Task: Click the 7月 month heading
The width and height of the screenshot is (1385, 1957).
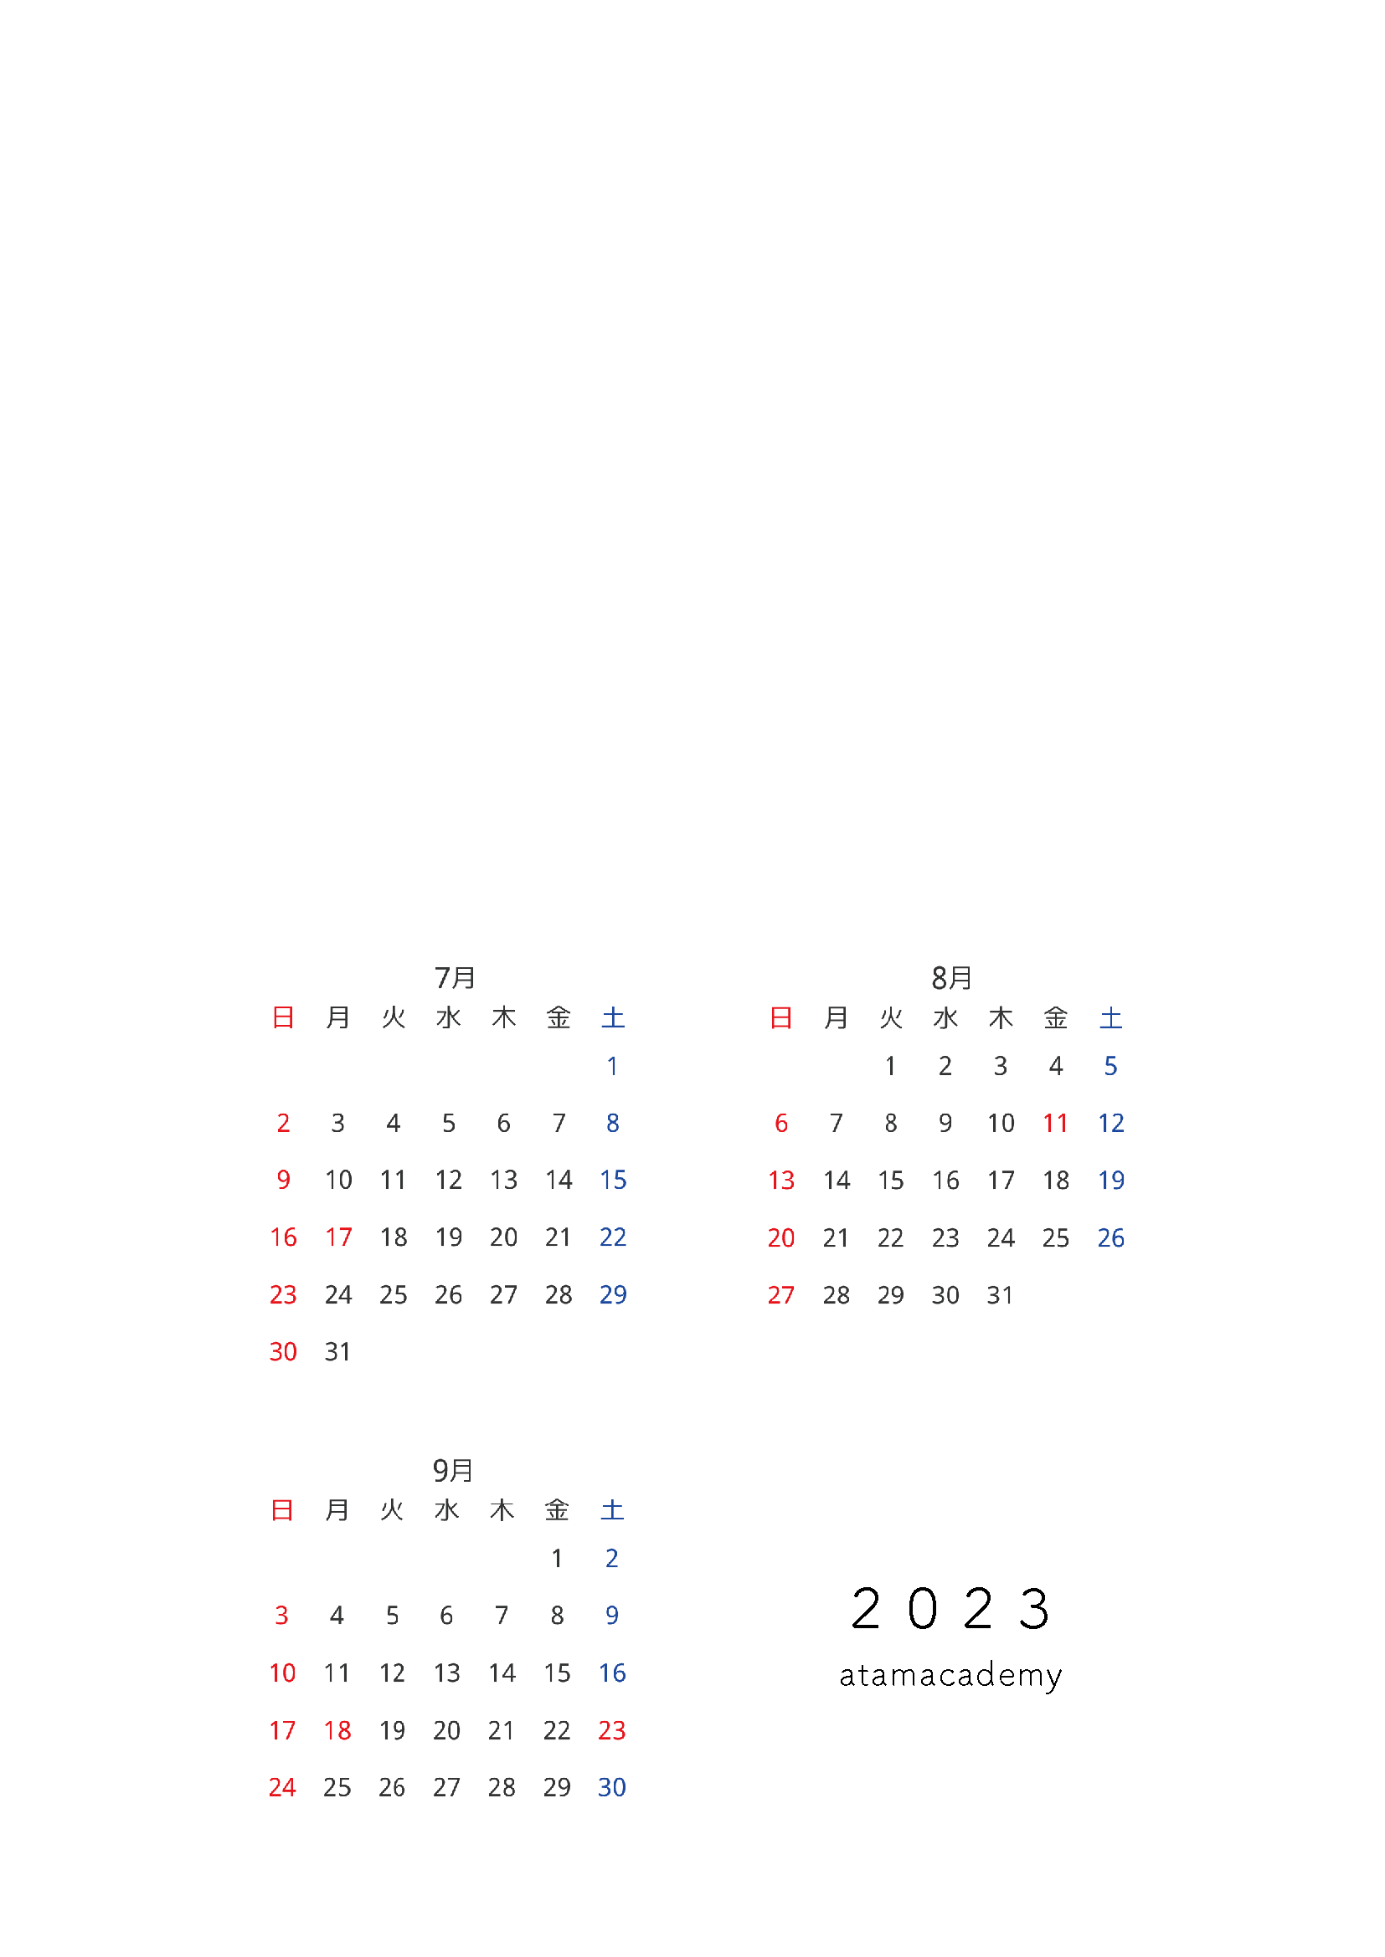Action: [455, 977]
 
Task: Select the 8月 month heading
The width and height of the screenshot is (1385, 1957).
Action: [952, 977]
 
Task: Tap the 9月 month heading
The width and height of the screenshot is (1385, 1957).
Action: [453, 1470]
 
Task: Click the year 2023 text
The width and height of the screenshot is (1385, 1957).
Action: [951, 1609]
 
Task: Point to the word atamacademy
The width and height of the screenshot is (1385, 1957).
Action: [951, 1676]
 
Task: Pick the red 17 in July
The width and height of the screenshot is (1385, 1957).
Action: [338, 1237]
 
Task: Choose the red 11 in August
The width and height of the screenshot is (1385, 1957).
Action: [1056, 1124]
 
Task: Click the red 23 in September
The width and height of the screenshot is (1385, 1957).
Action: [612, 1730]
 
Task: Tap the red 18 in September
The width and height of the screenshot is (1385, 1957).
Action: [337, 1730]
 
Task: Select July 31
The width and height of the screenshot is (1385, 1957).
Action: [337, 1352]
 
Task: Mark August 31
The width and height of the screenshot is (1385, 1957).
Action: [1001, 1295]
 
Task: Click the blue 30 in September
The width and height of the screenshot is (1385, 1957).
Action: [612, 1787]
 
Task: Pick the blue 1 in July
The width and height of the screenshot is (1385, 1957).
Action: [612, 1066]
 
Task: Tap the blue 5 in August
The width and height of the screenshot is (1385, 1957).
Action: [1110, 1066]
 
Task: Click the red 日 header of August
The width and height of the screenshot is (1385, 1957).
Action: [781, 1017]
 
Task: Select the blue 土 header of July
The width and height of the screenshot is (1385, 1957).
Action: [613, 1017]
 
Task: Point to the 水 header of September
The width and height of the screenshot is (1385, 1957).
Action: [447, 1510]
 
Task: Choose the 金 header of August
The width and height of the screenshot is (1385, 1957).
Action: [1056, 1017]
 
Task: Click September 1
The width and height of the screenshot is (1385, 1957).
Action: [557, 1559]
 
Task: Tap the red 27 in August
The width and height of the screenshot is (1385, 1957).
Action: [781, 1295]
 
